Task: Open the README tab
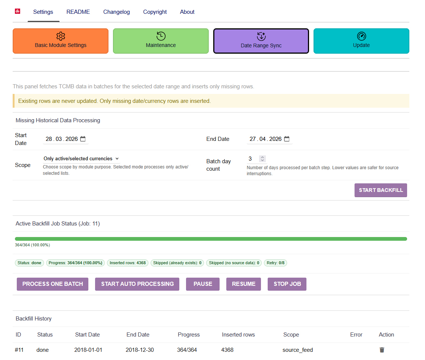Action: [78, 12]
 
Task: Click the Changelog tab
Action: [116, 12]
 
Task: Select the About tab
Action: [187, 12]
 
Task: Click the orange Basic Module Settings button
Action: [60, 41]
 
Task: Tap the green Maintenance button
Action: [161, 41]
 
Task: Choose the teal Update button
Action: [361, 41]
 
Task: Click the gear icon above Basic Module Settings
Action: [61, 36]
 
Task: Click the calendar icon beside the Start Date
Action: [83, 139]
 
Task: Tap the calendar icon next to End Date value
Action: [287, 139]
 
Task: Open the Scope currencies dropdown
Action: [81, 158]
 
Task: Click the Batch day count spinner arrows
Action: [262, 159]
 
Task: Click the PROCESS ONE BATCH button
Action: [53, 284]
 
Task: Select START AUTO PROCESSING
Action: [137, 284]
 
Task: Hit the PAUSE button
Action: [203, 284]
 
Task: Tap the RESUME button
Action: [244, 284]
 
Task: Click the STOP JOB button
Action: [287, 284]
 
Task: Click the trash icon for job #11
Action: [382, 350]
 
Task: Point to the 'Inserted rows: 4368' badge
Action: [127, 263]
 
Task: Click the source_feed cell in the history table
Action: [297, 350]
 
